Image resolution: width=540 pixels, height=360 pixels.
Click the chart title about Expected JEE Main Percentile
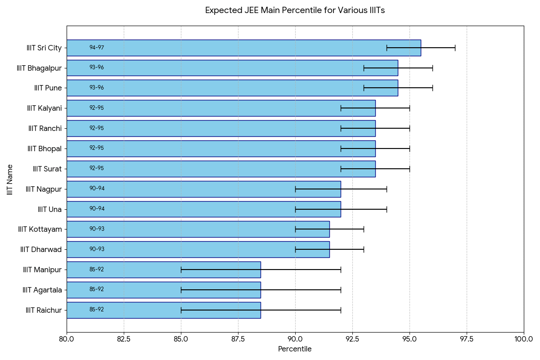click(295, 10)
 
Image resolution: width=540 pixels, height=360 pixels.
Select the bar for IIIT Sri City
click(243, 48)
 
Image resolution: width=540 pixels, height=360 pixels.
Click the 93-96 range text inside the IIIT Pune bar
click(96, 88)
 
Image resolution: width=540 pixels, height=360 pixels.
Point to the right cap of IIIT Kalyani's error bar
click(409, 108)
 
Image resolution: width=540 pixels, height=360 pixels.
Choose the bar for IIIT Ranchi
click(220, 128)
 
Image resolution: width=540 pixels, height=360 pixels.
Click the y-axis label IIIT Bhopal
click(44, 148)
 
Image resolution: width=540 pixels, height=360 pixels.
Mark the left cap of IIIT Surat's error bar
click(341, 169)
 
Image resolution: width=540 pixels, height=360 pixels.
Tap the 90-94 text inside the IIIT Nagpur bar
click(97, 189)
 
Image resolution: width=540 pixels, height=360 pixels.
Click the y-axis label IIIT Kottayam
click(40, 229)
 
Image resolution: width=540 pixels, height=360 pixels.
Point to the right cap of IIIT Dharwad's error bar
click(364, 249)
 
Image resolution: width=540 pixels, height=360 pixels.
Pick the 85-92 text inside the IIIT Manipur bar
click(96, 270)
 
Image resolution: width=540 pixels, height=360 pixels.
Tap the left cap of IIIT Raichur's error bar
click(181, 310)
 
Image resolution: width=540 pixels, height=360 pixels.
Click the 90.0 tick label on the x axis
click(295, 339)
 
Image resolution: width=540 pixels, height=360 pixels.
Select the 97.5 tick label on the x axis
click(467, 339)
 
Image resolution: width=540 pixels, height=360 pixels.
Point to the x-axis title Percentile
click(295, 349)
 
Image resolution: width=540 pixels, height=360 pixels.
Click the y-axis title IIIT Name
click(10, 179)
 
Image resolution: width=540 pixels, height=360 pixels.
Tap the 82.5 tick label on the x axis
click(124, 339)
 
